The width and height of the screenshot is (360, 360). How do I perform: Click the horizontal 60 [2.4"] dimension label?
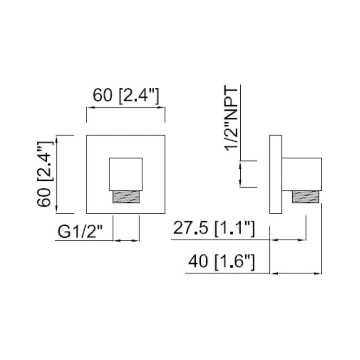(x=126, y=95)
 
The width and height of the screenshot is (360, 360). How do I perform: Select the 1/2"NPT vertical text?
(x=233, y=119)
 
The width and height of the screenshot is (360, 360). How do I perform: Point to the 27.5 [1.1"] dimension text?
(x=214, y=229)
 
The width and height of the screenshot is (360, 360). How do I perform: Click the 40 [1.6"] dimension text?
(x=222, y=261)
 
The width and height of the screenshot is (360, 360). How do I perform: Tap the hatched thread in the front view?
(x=126, y=196)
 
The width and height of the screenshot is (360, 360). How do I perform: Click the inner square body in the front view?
(x=126, y=174)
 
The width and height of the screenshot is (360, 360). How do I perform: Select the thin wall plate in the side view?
(x=275, y=174)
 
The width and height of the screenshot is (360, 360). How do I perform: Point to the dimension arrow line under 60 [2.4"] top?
(x=126, y=108)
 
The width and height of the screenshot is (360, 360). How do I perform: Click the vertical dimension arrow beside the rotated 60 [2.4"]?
(x=56, y=174)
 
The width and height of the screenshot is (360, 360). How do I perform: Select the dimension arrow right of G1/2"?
(x=126, y=240)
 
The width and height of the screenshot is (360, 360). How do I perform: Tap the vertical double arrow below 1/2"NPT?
(x=241, y=174)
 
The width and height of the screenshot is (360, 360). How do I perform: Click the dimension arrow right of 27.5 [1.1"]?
(x=288, y=240)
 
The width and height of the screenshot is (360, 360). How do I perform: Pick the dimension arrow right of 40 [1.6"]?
(x=296, y=273)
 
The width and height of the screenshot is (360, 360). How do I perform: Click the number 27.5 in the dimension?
(x=191, y=229)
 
